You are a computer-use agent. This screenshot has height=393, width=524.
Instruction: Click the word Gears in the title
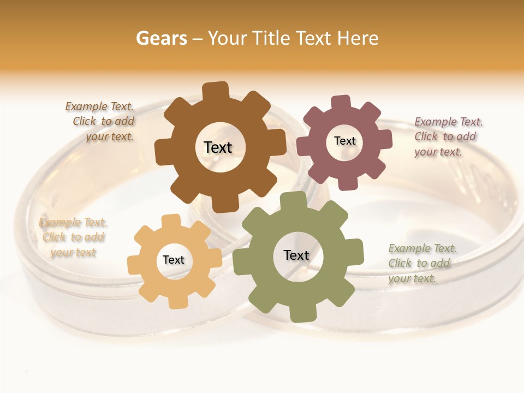point(162,38)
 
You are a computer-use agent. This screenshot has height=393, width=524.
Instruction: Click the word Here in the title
point(358,38)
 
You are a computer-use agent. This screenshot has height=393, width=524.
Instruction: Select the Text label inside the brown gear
point(218,147)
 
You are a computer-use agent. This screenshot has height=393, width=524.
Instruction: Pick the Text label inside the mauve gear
point(344,141)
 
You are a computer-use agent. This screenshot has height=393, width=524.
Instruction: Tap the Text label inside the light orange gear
point(174,260)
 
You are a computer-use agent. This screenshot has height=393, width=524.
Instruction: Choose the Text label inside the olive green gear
point(296,255)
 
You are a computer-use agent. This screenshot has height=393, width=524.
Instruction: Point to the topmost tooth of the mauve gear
point(341,103)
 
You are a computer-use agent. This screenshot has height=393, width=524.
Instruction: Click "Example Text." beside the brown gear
point(99,106)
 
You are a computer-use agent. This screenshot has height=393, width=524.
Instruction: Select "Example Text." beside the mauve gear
point(449,122)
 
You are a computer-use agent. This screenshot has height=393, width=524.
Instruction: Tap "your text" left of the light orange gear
point(73,252)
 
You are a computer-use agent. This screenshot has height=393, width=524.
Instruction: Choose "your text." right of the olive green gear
point(412,278)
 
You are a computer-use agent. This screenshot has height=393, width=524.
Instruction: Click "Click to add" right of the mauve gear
point(445,136)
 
